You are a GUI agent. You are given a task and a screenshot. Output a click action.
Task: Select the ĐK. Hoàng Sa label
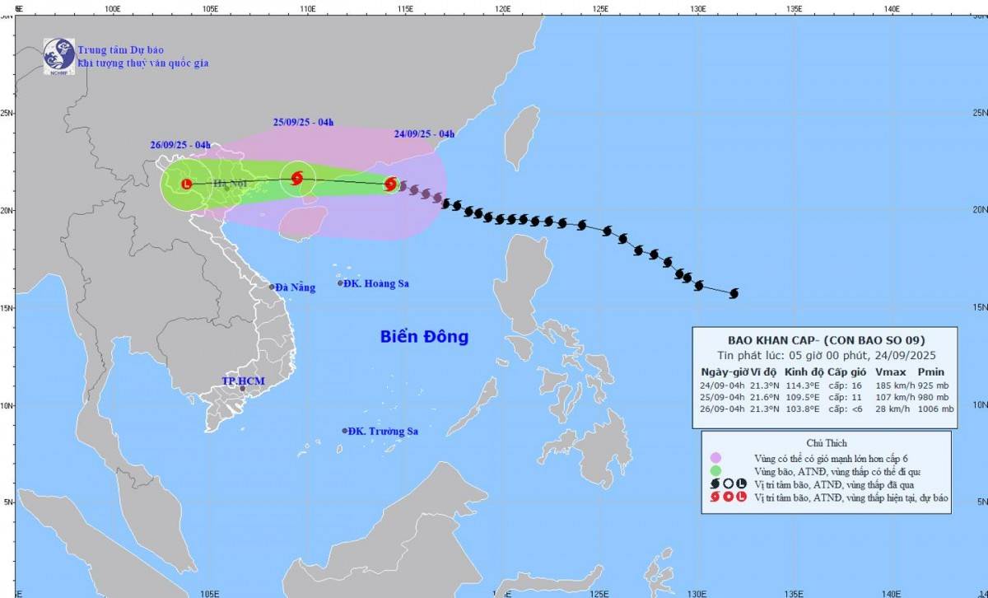click(x=378, y=283)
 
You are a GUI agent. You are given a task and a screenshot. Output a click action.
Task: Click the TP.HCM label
click(x=242, y=381)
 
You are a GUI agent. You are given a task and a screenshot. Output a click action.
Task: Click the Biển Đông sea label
click(x=424, y=336)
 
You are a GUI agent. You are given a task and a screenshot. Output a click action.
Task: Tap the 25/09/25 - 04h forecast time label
click(x=303, y=123)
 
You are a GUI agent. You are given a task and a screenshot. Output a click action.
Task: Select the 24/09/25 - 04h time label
click(x=424, y=133)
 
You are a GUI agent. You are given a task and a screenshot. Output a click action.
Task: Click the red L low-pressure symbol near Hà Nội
click(x=186, y=184)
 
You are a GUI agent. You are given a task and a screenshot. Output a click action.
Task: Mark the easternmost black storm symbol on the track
click(x=733, y=293)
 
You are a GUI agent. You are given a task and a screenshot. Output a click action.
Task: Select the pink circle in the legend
click(x=715, y=458)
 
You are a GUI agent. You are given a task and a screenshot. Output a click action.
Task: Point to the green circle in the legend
click(x=715, y=472)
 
